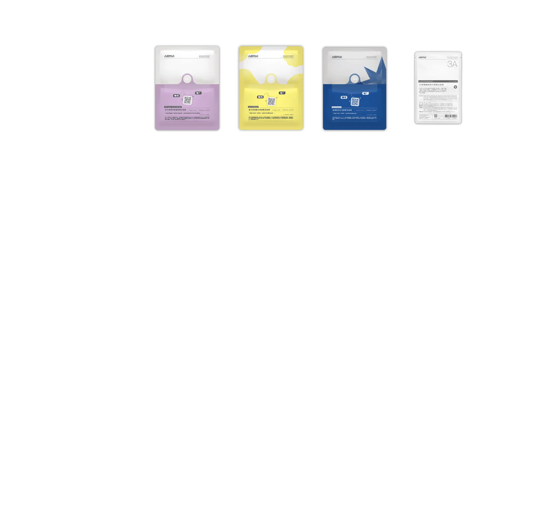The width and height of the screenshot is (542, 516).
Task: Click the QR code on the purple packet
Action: tap(188, 100)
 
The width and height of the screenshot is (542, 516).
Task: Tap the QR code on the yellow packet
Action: tap(271, 101)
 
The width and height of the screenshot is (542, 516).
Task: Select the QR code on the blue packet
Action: tap(355, 102)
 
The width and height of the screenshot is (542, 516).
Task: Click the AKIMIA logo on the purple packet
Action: tap(169, 57)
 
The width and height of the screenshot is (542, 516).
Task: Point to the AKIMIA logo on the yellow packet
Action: tap(253, 56)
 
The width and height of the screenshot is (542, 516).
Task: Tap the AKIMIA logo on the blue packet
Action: tap(337, 57)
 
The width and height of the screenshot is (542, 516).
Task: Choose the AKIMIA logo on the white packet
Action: tap(422, 57)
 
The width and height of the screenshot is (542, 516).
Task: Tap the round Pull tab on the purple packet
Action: tap(187, 79)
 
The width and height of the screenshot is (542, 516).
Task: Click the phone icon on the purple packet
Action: tap(198, 93)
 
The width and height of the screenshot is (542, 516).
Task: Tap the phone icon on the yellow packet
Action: tap(282, 93)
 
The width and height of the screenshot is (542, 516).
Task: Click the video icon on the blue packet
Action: tap(344, 97)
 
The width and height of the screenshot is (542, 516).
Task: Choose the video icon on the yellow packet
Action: tap(260, 97)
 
